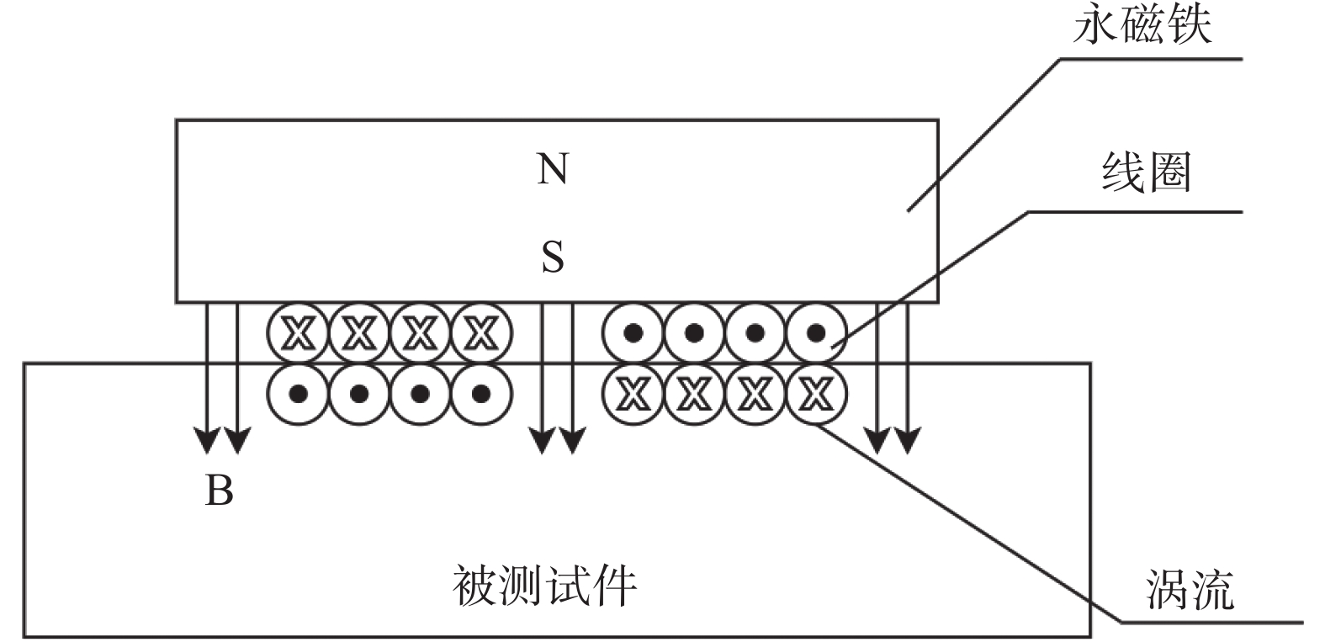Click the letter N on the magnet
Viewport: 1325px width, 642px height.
553,168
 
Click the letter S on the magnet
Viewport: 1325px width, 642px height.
553,257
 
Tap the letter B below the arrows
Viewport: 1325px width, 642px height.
219,490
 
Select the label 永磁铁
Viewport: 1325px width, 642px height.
1142,25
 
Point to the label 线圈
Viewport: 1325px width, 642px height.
1146,172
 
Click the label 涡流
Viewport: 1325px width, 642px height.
1190,589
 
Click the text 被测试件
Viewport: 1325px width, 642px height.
545,586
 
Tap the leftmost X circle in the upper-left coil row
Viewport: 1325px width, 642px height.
298,333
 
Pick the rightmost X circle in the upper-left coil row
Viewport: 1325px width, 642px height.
481,333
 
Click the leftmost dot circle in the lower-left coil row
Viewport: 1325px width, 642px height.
298,394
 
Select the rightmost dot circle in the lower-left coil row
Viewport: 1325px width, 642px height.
481,394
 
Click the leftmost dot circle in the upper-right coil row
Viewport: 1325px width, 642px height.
633,333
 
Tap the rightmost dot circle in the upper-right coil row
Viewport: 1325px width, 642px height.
816,333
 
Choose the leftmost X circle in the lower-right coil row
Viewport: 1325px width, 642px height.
633,394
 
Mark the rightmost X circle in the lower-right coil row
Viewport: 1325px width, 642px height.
816,394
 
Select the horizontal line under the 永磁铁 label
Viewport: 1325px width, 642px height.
1151,59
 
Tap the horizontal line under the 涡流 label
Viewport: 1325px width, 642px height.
1212,623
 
